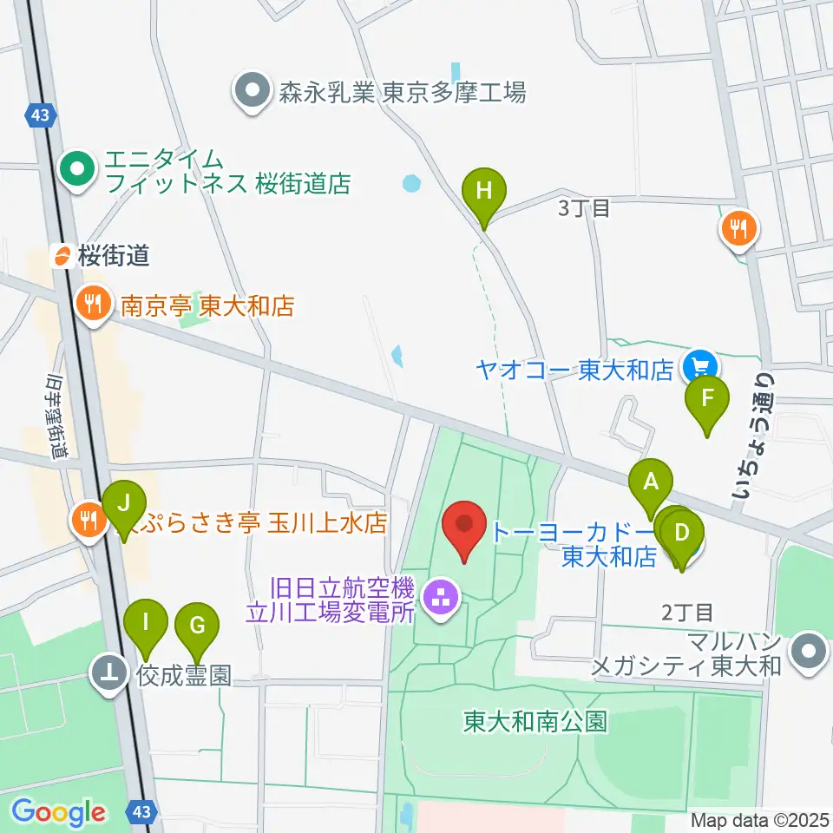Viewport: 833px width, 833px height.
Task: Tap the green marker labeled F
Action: [707, 398]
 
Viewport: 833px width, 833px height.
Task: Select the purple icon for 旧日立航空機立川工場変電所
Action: [441, 598]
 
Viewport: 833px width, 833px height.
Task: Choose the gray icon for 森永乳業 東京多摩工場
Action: [253, 91]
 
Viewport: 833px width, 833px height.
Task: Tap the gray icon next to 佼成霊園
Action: [110, 674]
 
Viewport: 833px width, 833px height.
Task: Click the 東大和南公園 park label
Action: [535, 721]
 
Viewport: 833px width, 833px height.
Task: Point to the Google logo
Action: [58, 812]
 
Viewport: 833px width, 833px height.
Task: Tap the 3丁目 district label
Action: [584, 208]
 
